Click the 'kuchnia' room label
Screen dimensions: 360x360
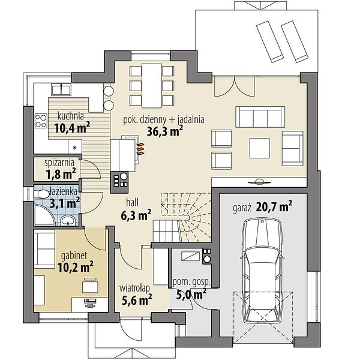click(70, 116)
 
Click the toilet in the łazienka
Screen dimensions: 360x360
click(41, 194)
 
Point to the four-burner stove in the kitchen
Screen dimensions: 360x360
click(41, 121)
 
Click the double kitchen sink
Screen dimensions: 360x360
click(61, 89)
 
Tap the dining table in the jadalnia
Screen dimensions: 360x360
click(152, 86)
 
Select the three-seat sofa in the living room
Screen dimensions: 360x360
click(260, 116)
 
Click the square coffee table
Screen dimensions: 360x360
click(260, 148)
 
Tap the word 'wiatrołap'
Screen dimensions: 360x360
click(134, 289)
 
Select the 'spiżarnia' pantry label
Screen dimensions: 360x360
click(59, 163)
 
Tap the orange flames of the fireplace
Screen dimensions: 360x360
click(140, 149)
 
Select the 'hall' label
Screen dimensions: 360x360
click(133, 203)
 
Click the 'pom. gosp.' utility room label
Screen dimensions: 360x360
click(191, 282)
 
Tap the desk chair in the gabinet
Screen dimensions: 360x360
click(90, 285)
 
